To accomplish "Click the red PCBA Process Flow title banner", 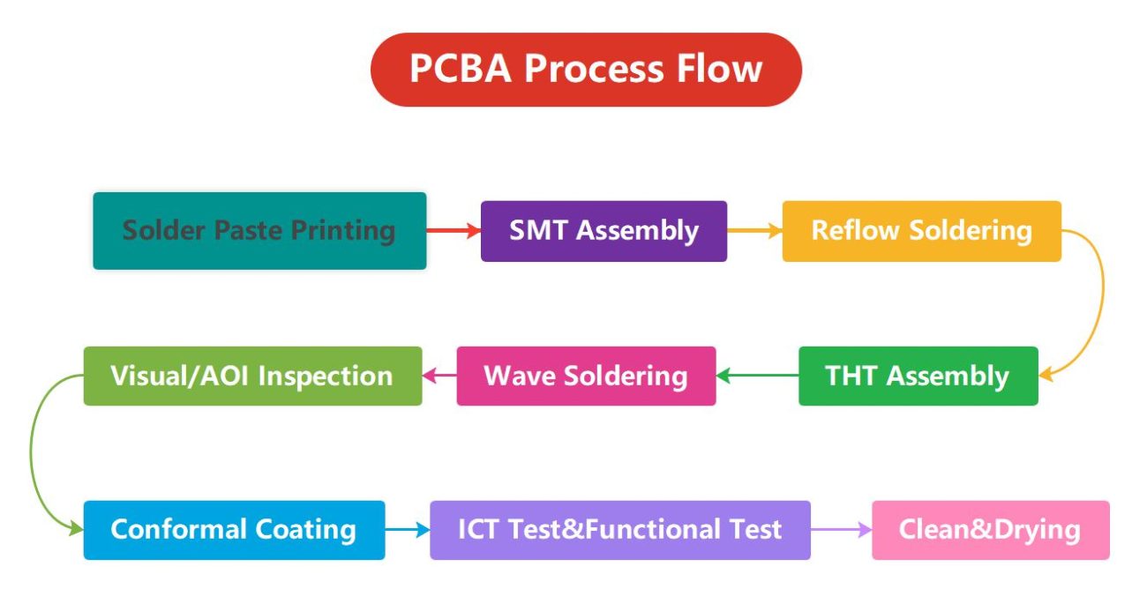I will pyautogui.click(x=586, y=70).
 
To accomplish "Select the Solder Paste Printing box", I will pyautogui.click(x=259, y=231).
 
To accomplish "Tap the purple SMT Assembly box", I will pyautogui.click(x=603, y=231).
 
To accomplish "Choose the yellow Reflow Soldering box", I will pyautogui.click(x=921, y=231).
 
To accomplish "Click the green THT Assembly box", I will pyautogui.click(x=918, y=377).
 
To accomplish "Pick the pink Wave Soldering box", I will pyautogui.click(x=586, y=377).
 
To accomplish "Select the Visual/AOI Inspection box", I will pyautogui.click(x=252, y=377).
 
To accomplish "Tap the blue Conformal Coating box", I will pyautogui.click(x=234, y=530).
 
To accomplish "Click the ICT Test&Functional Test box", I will pyautogui.click(x=619, y=530).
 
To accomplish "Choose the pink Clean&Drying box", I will pyautogui.click(x=990, y=530).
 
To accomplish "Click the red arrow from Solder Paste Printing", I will pyautogui.click(x=453, y=231).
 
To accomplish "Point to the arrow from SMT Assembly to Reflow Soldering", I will pyautogui.click(x=754, y=231).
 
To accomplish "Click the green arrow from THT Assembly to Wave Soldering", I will pyautogui.click(x=757, y=377).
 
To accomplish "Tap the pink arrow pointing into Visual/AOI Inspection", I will pyautogui.click(x=439, y=377).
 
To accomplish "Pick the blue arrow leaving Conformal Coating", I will pyautogui.click(x=407, y=530).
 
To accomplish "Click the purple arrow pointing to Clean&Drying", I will pyautogui.click(x=841, y=530).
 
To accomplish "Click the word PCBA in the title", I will pyautogui.click(x=461, y=70).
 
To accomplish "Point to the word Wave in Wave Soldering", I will pyautogui.click(x=520, y=377).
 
